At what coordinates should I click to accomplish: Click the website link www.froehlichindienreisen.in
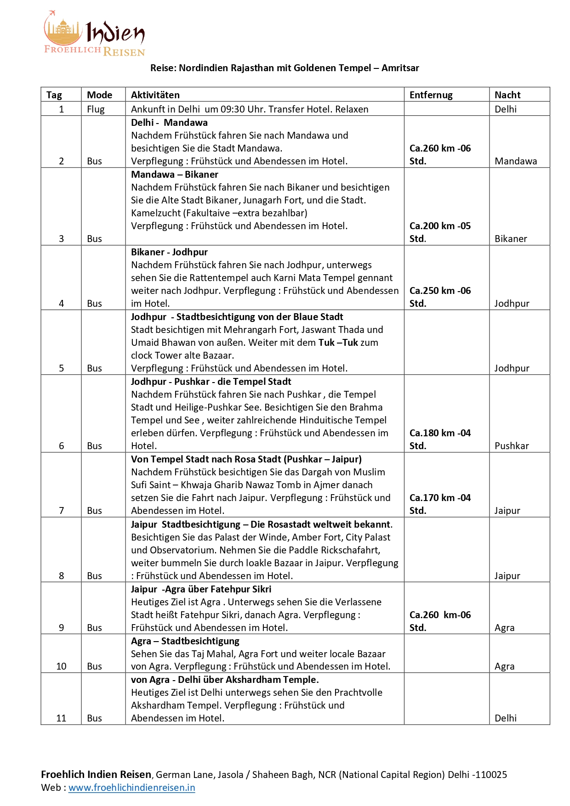(x=132, y=788)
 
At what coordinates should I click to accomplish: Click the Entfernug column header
(x=431, y=95)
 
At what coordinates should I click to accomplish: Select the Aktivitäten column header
(x=155, y=95)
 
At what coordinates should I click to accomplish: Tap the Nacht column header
(x=507, y=95)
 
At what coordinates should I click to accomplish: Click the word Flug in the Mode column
(x=96, y=109)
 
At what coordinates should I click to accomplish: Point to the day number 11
(x=61, y=718)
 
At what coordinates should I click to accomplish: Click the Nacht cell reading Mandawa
(x=516, y=161)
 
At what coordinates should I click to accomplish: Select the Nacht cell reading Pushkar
(x=512, y=446)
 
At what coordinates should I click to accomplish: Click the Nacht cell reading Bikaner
(x=511, y=239)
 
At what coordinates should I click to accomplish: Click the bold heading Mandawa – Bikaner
(x=175, y=175)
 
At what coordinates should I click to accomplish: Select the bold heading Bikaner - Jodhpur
(x=169, y=252)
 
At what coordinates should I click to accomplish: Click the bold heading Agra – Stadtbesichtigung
(x=185, y=641)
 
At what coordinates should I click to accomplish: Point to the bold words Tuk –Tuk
(x=338, y=343)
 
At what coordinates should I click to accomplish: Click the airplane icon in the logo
(x=51, y=13)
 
